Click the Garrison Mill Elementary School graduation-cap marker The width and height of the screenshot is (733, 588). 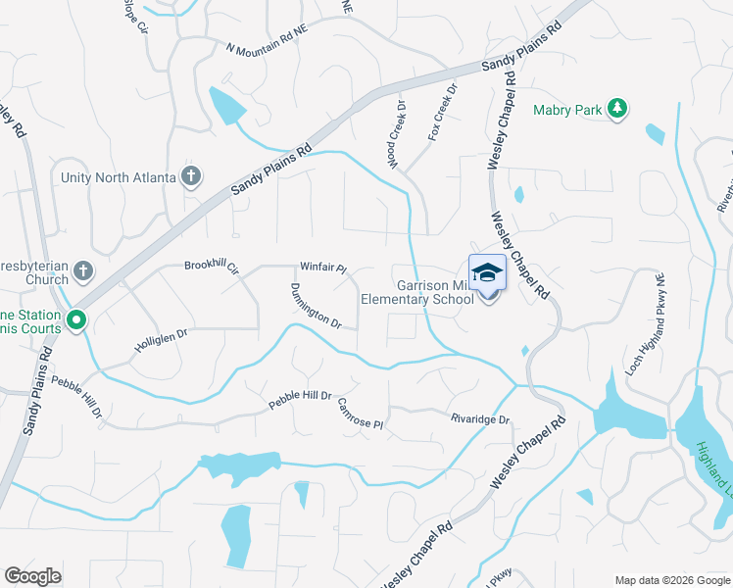pos(487,274)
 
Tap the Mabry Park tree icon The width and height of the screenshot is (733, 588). pos(617,108)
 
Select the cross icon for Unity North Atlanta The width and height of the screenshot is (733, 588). pos(191,177)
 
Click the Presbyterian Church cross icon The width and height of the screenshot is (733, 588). pos(84,270)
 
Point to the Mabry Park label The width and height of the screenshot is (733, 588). pos(567,111)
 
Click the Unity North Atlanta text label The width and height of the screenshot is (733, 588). pos(118,177)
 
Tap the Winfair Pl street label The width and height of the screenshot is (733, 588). pos(323,267)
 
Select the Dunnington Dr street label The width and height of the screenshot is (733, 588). pos(315,307)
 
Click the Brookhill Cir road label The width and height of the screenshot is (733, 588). pos(212,266)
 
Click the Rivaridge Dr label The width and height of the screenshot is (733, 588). pos(480,419)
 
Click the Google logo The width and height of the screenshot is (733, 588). pos(32,576)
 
